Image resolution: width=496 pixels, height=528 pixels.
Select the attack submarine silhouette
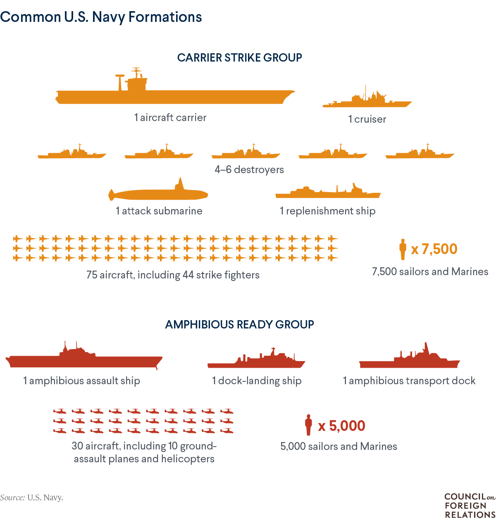click(x=159, y=194)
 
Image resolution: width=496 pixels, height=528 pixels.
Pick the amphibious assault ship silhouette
click(x=84, y=361)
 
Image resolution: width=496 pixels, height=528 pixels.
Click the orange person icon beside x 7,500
click(x=403, y=249)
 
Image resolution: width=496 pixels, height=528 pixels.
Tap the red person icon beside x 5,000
click(x=308, y=425)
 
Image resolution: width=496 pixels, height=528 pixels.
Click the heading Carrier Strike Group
click(x=240, y=57)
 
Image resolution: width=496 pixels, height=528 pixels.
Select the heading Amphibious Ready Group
click(x=240, y=324)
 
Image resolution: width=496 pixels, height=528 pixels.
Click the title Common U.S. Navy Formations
click(x=101, y=17)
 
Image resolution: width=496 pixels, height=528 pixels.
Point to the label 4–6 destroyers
click(x=249, y=169)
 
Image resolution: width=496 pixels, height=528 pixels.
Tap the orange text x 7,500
click(x=434, y=249)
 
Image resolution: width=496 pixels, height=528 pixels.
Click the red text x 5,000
click(x=341, y=426)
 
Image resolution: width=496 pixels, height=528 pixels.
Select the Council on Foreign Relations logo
click(x=470, y=506)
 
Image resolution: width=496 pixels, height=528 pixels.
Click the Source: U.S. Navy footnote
click(x=32, y=497)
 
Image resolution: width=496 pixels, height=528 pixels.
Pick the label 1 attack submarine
click(x=159, y=211)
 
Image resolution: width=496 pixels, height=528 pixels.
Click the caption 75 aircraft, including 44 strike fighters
click(x=173, y=275)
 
